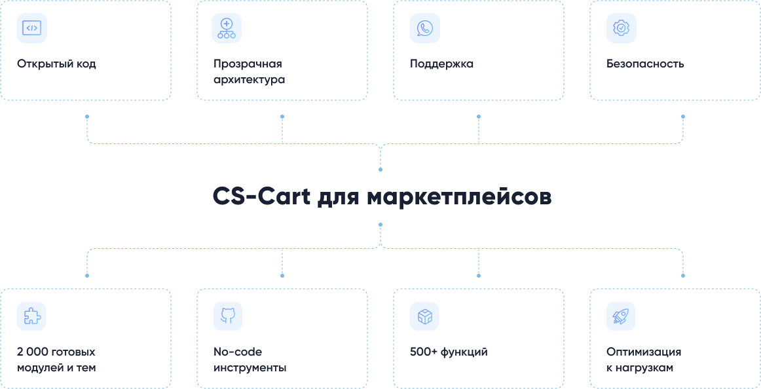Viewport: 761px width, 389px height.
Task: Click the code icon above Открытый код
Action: (x=31, y=28)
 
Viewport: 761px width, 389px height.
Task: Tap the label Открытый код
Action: (x=56, y=64)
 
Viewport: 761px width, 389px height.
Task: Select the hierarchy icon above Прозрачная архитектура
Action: (x=227, y=28)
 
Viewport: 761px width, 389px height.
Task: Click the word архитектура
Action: (x=249, y=80)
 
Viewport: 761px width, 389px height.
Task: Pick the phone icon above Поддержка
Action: (x=424, y=28)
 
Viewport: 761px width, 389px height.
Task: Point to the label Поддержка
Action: (x=441, y=64)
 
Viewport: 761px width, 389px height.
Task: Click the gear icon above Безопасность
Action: (x=620, y=28)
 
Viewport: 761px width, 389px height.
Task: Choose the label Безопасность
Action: (x=645, y=64)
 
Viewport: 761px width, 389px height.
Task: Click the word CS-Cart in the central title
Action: (x=261, y=197)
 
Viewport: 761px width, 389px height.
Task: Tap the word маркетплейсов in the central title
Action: (x=458, y=197)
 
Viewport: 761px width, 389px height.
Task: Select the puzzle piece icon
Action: (x=31, y=316)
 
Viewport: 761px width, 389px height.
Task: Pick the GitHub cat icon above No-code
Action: (x=227, y=316)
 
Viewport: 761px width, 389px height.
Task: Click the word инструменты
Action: (x=250, y=368)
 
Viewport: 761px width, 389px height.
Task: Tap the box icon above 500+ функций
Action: (x=424, y=316)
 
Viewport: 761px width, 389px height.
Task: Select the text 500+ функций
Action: (x=449, y=352)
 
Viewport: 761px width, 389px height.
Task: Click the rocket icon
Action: (x=620, y=316)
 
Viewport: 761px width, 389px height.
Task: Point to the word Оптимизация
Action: (x=644, y=352)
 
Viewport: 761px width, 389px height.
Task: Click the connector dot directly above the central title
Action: (x=380, y=170)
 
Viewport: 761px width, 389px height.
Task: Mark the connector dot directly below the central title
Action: (x=380, y=224)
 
